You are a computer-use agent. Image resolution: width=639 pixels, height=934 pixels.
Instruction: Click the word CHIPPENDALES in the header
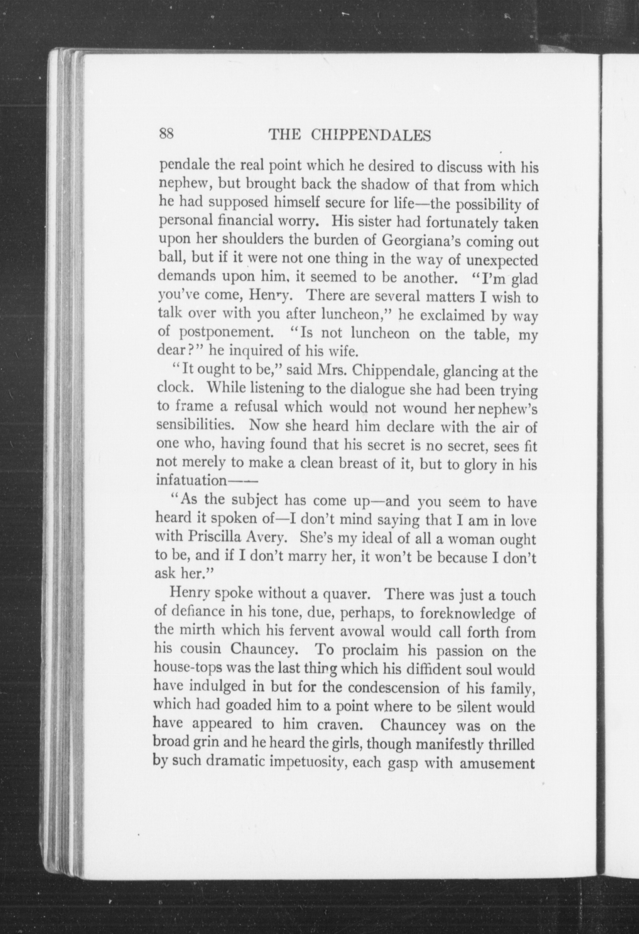[371, 136]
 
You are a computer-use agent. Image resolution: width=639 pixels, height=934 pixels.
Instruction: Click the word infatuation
[192, 481]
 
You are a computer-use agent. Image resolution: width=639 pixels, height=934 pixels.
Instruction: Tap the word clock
[173, 387]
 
